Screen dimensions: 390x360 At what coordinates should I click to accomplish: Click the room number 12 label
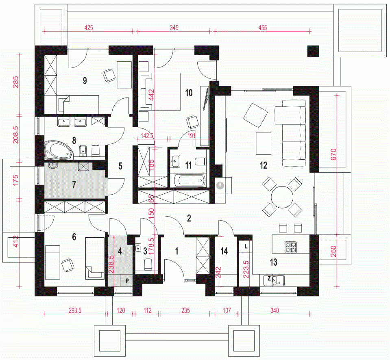[264, 165]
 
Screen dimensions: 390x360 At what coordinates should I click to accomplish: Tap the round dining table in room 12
[282, 197]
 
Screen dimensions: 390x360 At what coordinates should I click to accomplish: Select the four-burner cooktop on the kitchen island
[290, 247]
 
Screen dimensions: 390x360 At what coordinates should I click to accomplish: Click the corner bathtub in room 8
[59, 150]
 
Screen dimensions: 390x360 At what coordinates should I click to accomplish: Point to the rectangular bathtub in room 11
[189, 180]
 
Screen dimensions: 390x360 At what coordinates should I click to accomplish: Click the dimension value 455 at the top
[263, 28]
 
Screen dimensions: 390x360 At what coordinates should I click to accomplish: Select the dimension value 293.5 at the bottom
[75, 310]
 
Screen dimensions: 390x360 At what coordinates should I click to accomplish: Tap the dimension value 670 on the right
[333, 154]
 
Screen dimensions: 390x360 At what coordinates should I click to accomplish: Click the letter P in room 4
[127, 281]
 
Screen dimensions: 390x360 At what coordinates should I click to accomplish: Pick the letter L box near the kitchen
[246, 247]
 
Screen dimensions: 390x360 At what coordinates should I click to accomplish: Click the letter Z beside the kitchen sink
[269, 278]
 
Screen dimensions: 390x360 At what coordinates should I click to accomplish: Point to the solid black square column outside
[313, 52]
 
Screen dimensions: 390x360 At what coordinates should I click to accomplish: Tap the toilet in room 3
[148, 264]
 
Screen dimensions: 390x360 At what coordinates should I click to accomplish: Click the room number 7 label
[74, 184]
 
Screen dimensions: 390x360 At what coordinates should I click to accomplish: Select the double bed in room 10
[160, 91]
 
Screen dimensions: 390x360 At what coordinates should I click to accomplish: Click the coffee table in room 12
[264, 143]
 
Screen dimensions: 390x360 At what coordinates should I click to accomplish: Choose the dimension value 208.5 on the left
[15, 134]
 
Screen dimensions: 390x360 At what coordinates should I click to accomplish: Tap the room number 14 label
[224, 251]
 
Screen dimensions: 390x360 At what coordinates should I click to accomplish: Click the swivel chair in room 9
[109, 75]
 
